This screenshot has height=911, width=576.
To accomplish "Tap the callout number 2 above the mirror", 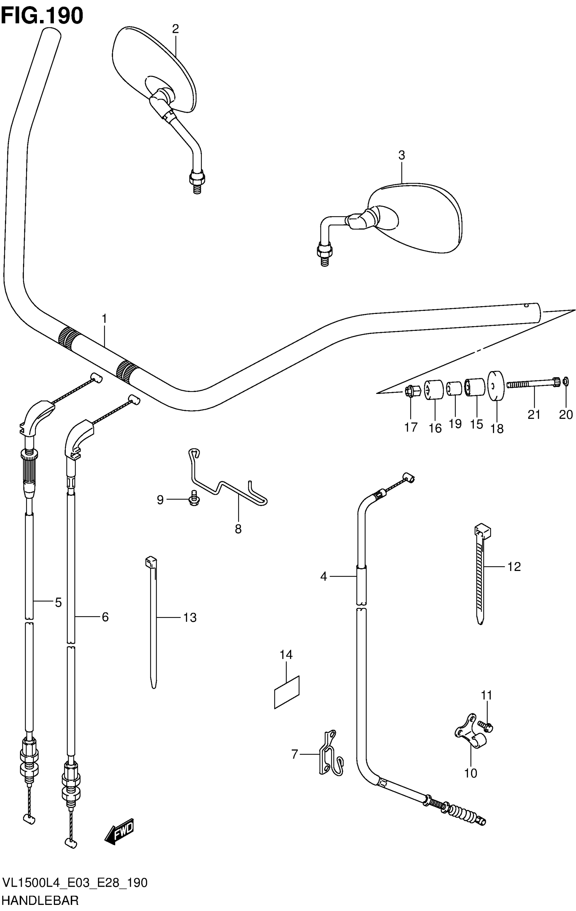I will (x=175, y=29).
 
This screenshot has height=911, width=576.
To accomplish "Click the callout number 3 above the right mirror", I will (x=402, y=155).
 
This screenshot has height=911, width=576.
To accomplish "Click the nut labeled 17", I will (x=411, y=390).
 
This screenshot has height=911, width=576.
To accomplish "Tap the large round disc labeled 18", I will (x=496, y=385).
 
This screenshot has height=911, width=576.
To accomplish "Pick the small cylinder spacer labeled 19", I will (x=454, y=388).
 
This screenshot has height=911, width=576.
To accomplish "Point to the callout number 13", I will (x=190, y=617).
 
